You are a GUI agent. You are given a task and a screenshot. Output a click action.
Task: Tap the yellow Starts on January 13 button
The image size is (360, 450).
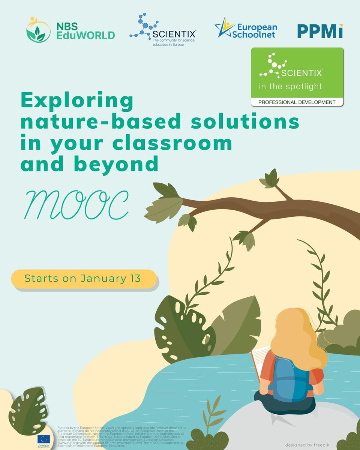coord(83,279)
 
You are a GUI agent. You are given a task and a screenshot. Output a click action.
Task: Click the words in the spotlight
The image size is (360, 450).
coord(290,87)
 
